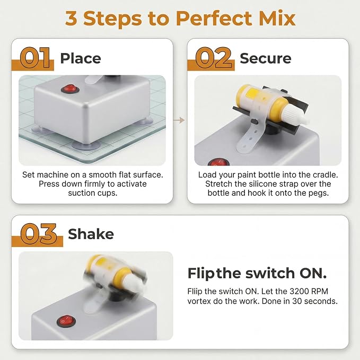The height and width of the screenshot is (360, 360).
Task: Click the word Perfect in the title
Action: (x=214, y=19)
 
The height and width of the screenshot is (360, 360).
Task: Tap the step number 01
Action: (x=35, y=58)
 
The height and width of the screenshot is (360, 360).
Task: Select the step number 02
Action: (x=213, y=58)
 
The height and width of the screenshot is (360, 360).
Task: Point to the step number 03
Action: (x=38, y=234)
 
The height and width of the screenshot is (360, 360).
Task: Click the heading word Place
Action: (x=81, y=58)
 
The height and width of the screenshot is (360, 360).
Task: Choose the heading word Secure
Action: (x=266, y=58)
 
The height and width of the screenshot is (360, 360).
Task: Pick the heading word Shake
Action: (x=91, y=234)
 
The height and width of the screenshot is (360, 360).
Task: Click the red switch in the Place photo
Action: (x=71, y=89)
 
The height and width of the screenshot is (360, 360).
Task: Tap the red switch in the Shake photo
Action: (x=66, y=321)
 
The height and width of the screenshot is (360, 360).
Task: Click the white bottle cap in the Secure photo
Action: (x=296, y=117)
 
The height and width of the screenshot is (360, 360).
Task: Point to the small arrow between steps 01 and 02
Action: (x=179, y=120)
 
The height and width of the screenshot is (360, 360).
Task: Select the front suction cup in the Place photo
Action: (x=85, y=145)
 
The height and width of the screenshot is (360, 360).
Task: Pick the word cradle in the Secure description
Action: (x=326, y=175)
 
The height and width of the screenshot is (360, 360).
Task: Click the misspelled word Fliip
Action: (x=195, y=292)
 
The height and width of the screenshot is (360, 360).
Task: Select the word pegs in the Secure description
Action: (x=320, y=194)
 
